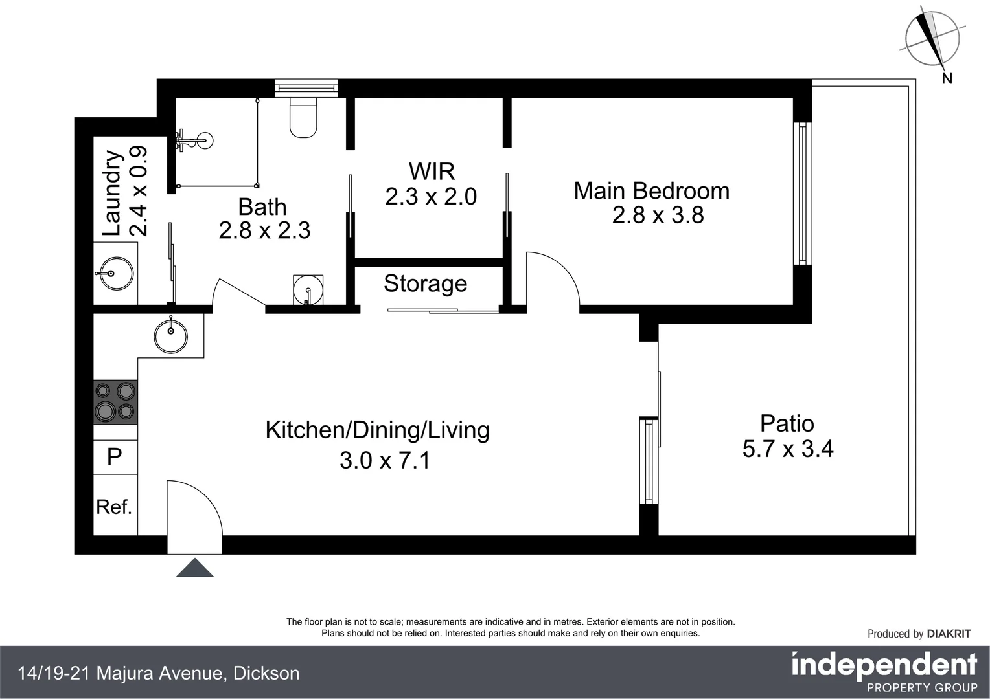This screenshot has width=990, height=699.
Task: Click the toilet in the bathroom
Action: coord(303,118)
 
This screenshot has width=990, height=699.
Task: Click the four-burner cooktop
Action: coord(115,401)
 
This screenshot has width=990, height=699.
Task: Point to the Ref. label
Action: coord(114,507)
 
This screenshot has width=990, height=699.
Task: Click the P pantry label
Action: coord(114,457)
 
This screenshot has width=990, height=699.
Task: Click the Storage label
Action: coord(425,283)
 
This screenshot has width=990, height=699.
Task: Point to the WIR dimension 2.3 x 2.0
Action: coord(431,197)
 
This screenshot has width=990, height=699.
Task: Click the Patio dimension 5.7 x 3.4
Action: coord(787,449)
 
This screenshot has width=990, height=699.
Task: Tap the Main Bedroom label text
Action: coord(651,191)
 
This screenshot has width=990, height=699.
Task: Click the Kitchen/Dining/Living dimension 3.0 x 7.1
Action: coord(385,460)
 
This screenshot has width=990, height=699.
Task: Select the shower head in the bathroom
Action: coord(203,139)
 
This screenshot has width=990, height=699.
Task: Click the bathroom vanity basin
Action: coord(308,288)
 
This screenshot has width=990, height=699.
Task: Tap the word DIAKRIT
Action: coord(949,634)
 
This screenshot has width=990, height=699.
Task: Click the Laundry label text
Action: coord(113,193)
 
